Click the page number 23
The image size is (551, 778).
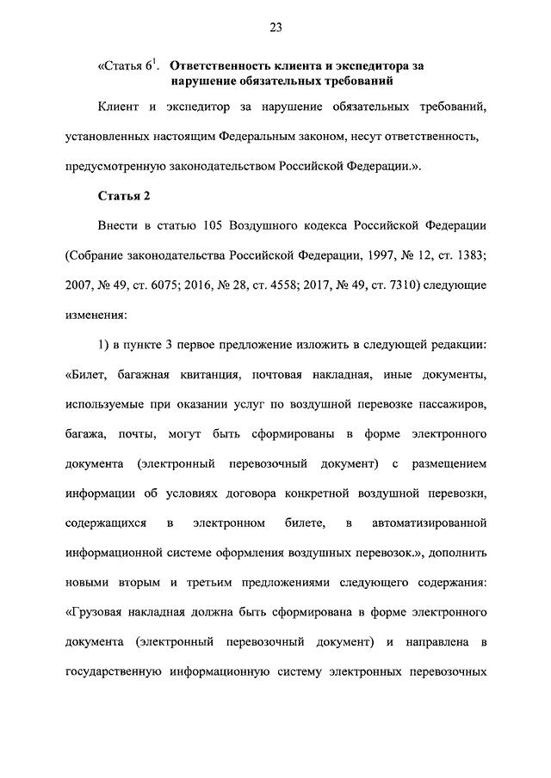pos(275,28)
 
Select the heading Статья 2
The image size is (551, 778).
pos(125,195)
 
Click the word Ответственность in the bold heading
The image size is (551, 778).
pos(220,65)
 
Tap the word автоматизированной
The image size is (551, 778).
pos(432,523)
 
